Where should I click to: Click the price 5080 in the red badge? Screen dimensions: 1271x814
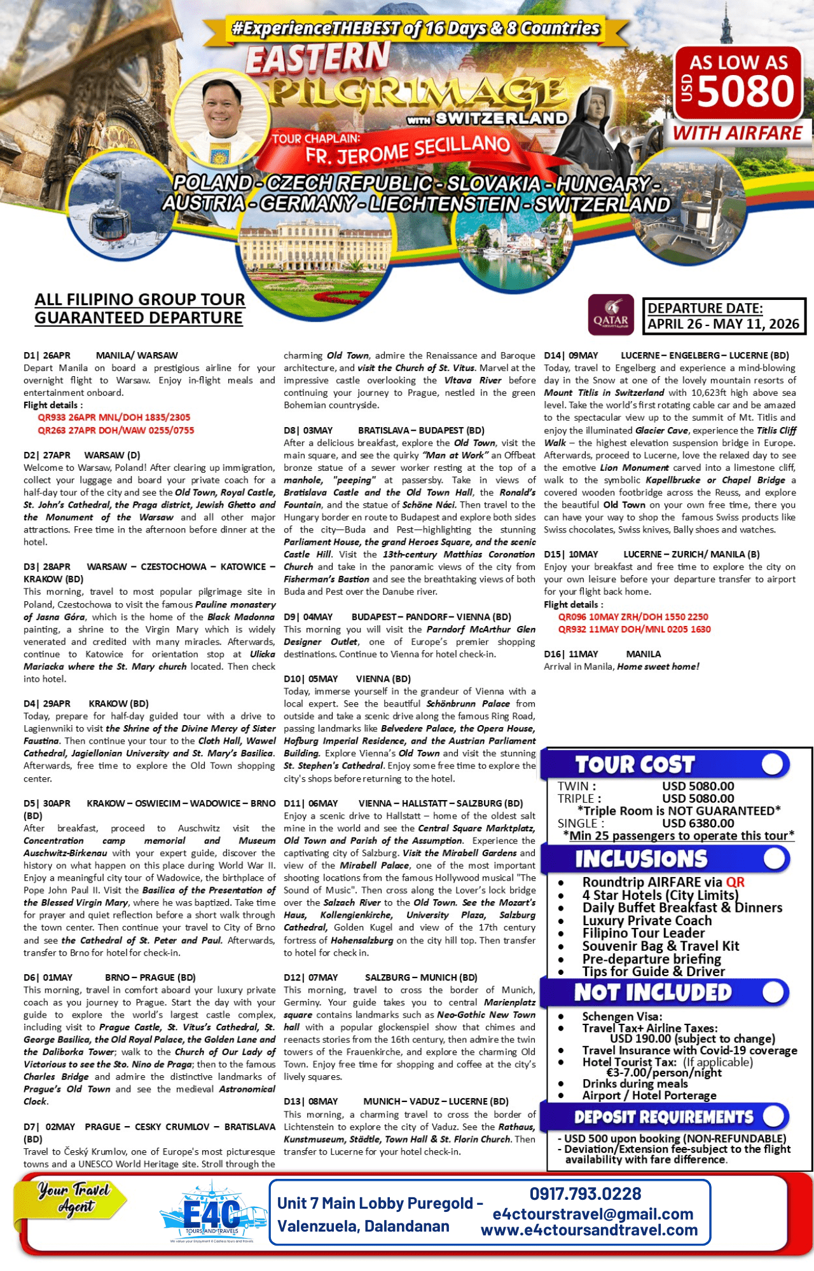[746, 92]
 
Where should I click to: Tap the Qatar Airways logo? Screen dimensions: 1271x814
[611, 314]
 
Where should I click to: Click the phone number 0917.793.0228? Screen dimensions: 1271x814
[585, 1193]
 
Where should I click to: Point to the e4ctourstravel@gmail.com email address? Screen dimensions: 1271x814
[593, 1214]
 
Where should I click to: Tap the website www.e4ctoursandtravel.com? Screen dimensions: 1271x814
[589, 1230]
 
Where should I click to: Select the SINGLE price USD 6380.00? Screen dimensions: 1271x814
[698, 823]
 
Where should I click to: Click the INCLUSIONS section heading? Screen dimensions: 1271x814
[641, 859]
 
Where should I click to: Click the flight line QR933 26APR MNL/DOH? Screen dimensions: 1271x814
[114, 418]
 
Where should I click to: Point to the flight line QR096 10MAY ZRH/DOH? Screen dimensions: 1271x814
[633, 616]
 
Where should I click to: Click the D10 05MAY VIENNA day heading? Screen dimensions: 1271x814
[347, 679]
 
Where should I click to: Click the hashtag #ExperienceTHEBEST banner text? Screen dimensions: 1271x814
[415, 29]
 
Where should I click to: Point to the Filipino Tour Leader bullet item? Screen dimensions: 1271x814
[643, 933]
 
